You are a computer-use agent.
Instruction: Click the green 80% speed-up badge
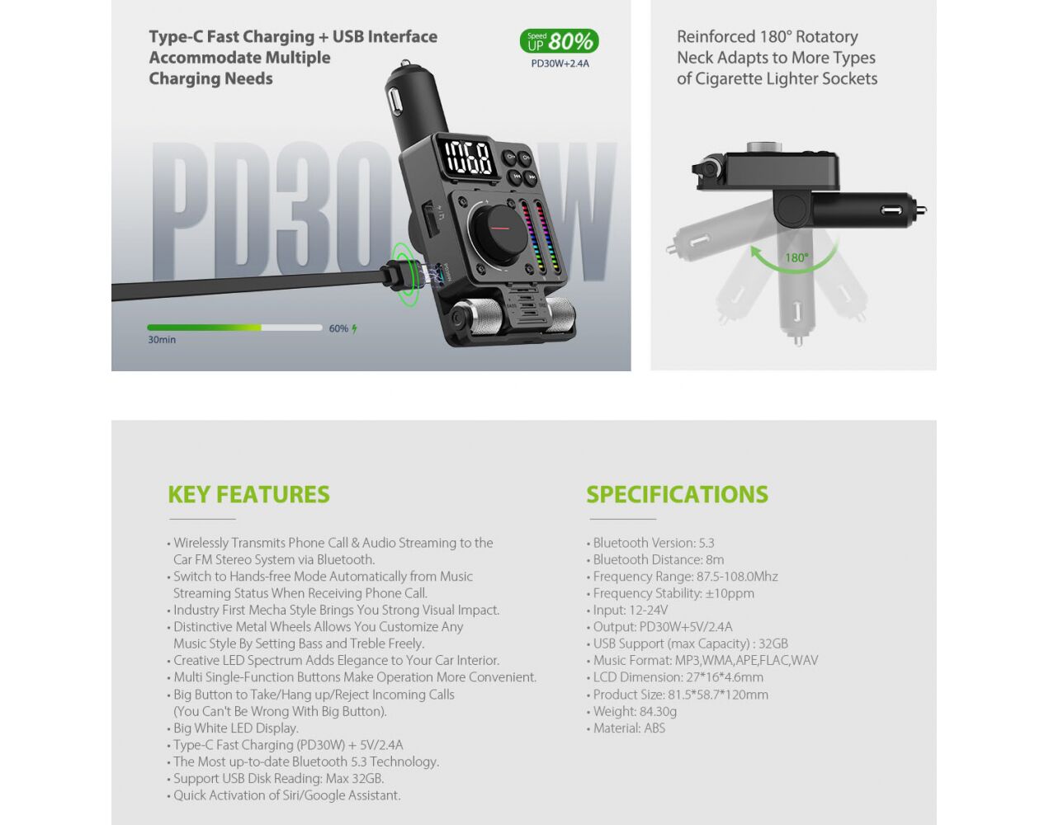point(559,41)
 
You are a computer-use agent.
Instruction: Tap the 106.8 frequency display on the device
point(469,158)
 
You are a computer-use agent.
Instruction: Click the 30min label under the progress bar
point(162,340)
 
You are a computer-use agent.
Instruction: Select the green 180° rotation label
point(796,257)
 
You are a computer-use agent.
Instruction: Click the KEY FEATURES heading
point(248,494)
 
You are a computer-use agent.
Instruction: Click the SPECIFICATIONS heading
point(677,494)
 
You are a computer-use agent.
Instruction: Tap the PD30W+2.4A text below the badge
point(560,64)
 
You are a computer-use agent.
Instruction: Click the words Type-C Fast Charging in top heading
point(232,36)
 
